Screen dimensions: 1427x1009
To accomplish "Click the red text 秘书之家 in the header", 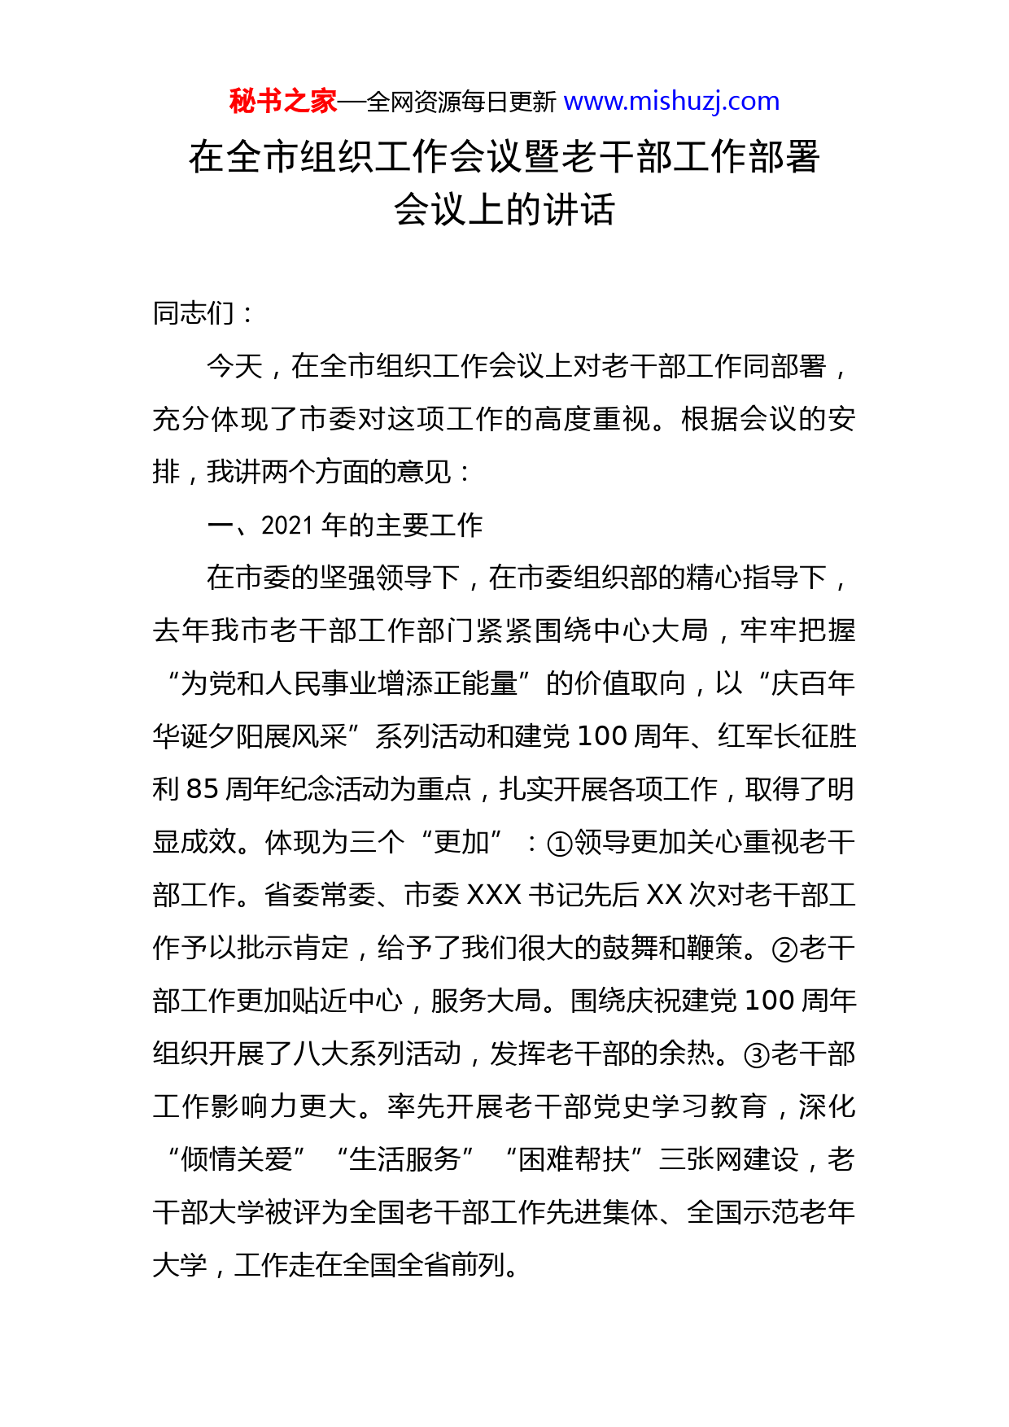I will coord(282,102).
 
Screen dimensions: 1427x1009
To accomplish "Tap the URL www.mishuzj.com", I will coord(671,102).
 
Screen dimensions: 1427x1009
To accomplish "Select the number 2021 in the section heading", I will coord(287,526).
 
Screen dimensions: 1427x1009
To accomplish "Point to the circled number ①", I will coord(560,844).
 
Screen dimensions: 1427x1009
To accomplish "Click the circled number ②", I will coord(784,949).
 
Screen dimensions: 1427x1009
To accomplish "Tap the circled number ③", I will coord(757,1055).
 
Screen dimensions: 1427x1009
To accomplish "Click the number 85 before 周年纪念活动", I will coord(203,789).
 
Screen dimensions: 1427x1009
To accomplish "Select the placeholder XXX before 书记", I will coord(494,896).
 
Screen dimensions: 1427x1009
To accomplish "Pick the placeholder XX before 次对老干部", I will coord(664,896).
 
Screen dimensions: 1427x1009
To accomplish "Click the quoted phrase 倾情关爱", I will coord(236,1159).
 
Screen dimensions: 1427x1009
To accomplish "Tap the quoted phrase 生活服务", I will coord(405,1159).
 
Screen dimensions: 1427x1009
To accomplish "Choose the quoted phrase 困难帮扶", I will coord(574,1159).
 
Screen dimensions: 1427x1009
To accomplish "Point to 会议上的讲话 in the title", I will coord(504,210).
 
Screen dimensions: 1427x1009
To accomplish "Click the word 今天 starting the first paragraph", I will coord(235,366).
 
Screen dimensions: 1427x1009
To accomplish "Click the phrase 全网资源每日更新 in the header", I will coord(461,103).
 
